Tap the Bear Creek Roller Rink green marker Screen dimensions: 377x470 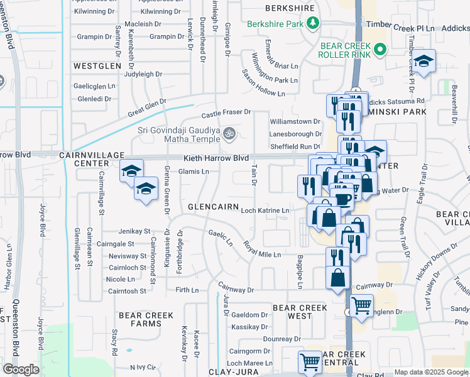pos(380,50)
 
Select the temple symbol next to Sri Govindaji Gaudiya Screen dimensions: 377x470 pos(229,133)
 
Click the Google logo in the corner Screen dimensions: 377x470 pos(21,369)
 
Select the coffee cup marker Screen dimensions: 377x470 pos(342,199)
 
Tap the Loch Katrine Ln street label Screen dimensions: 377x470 pos(266,210)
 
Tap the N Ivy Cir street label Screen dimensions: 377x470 pos(142,367)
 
